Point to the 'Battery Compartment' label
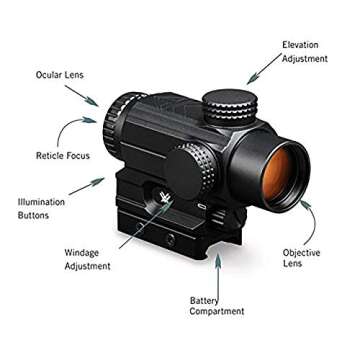[x=217, y=305]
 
